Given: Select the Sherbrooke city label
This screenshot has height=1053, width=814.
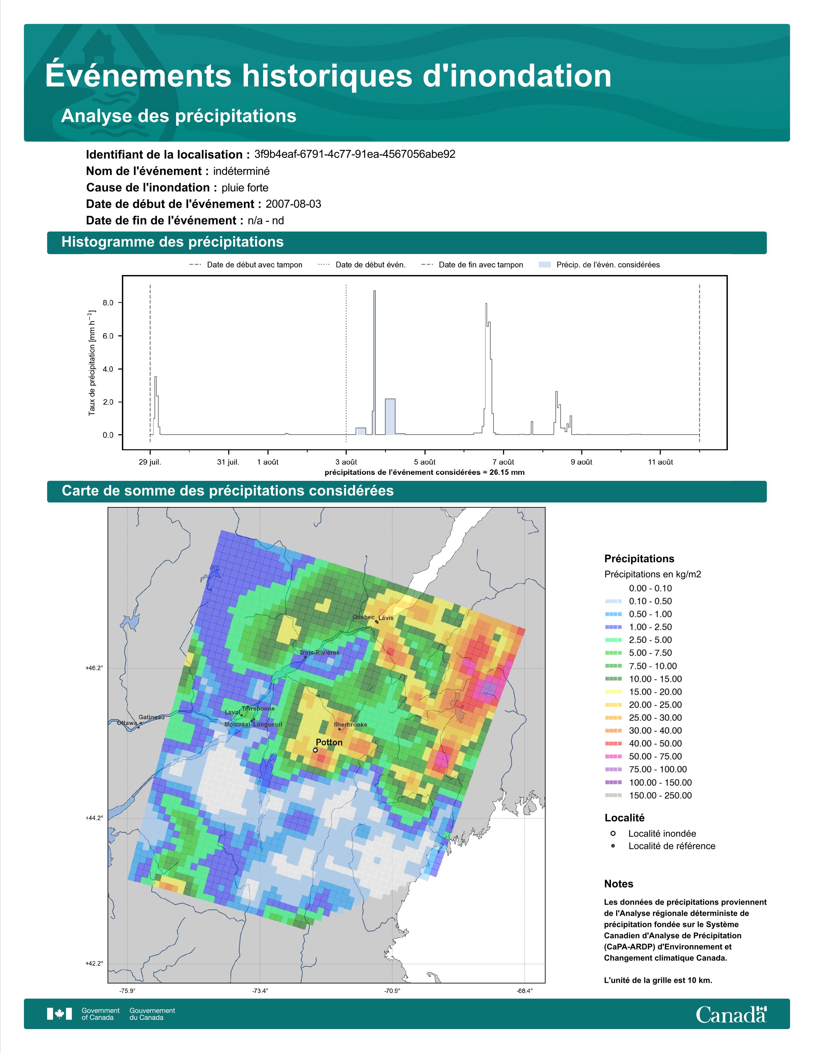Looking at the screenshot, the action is pyautogui.click(x=350, y=725).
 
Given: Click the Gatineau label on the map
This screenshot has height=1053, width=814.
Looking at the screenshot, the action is pyautogui.click(x=151, y=717).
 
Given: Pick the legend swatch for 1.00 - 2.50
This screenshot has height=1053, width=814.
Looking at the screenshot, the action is pyautogui.click(x=613, y=627).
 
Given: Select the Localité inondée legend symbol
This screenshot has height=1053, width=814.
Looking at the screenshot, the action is pyautogui.click(x=613, y=833).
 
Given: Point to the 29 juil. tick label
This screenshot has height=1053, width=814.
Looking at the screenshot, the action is pyautogui.click(x=150, y=462).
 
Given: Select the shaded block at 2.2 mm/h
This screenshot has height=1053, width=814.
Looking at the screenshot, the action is pyautogui.click(x=390, y=416).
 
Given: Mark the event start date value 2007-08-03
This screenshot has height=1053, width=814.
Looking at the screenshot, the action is pyautogui.click(x=293, y=204).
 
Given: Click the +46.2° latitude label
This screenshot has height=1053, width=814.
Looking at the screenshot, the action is pyautogui.click(x=94, y=668).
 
